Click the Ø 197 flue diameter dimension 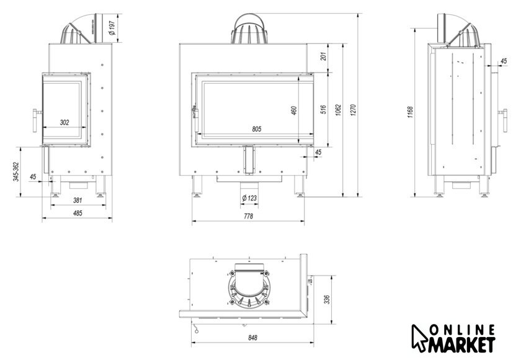tap(112, 28)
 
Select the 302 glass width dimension tap(65, 122)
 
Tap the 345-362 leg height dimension tap(16, 172)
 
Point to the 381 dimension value tap(78, 200)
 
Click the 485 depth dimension tap(78, 213)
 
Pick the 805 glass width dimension tap(257, 129)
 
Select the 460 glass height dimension tap(294, 110)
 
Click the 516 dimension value tap(323, 110)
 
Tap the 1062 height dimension tap(338, 110)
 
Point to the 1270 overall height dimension tap(353, 110)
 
